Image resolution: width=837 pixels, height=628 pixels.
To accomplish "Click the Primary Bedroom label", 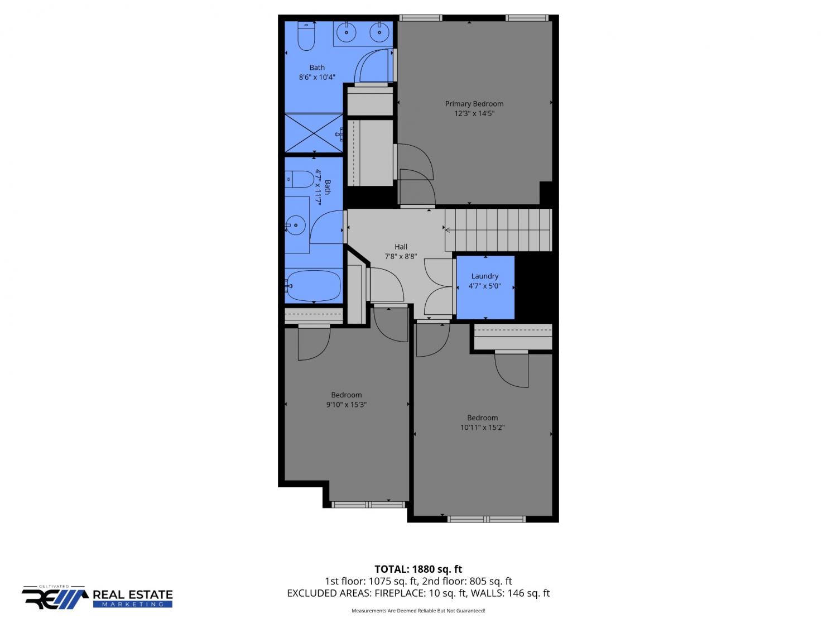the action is pyautogui.click(x=474, y=104).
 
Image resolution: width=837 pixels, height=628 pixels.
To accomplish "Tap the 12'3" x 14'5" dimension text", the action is pyautogui.click(x=474, y=113).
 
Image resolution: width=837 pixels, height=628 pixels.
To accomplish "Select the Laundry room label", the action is pyautogui.click(x=485, y=276).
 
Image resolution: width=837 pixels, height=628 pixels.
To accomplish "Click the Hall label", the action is pyautogui.click(x=401, y=247).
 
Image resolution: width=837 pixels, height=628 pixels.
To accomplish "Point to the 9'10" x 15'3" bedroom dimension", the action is pyautogui.click(x=347, y=405).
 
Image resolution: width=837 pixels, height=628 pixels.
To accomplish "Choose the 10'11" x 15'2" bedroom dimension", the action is pyautogui.click(x=482, y=428).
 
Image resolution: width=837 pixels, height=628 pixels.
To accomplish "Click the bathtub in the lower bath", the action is pyautogui.click(x=314, y=285).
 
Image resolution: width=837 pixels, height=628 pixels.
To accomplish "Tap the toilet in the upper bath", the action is pyautogui.click(x=306, y=36).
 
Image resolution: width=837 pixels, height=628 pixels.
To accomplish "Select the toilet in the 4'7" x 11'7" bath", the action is pyautogui.click(x=300, y=179).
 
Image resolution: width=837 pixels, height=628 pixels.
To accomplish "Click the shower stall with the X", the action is pyautogui.click(x=314, y=133).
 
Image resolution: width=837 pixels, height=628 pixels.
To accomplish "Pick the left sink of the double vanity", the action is pyautogui.click(x=347, y=32).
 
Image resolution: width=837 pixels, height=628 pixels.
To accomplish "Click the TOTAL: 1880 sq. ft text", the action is pyautogui.click(x=419, y=569).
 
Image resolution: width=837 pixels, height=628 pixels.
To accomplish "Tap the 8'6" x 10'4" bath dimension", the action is pyautogui.click(x=317, y=77).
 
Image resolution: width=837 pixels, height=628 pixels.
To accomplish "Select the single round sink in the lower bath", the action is pyautogui.click(x=296, y=226).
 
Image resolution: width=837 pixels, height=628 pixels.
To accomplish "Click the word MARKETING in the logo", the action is pyautogui.click(x=133, y=604).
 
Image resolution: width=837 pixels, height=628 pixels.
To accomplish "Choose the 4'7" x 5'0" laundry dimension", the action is pyautogui.click(x=485, y=286).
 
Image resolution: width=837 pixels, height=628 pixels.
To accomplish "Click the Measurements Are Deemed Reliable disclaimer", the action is pyautogui.click(x=419, y=611).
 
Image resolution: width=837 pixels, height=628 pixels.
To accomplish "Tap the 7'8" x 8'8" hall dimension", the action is pyautogui.click(x=401, y=256).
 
